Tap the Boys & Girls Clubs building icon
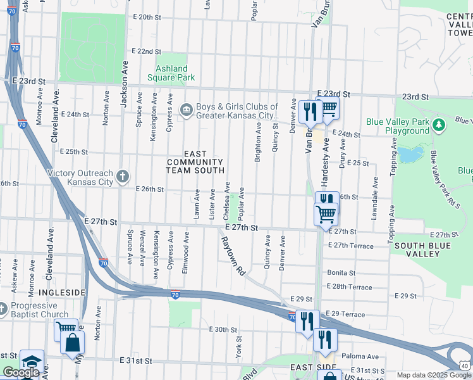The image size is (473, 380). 187,111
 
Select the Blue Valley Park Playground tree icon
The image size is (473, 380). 438,125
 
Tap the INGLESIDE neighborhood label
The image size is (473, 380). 62,292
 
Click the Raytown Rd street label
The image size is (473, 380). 231,256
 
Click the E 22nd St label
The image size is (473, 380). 147,51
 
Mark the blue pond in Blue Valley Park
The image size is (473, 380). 408,154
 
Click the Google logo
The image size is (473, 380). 20,373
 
